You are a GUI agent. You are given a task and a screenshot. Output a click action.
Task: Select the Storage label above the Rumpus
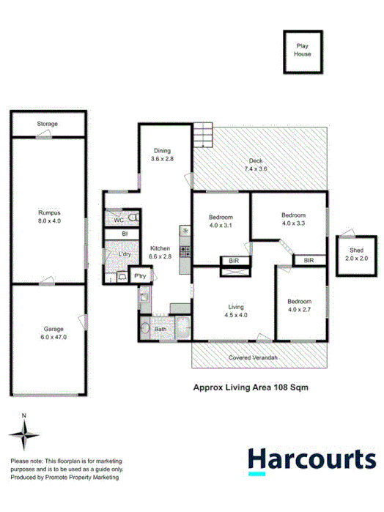click(x=48, y=125)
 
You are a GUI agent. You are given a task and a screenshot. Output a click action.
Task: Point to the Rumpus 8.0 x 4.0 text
click(x=48, y=217)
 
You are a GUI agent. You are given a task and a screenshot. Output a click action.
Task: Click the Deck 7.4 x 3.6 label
click(x=255, y=166)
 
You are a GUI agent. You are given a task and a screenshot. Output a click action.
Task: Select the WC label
click(x=118, y=219)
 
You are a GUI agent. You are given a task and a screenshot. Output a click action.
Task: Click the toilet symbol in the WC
click(x=133, y=219)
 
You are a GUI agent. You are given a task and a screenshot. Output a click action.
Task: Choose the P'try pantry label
click(x=139, y=276)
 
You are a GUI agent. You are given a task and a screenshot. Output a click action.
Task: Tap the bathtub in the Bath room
click(x=180, y=329)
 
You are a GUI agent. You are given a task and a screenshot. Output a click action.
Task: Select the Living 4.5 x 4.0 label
click(x=235, y=311)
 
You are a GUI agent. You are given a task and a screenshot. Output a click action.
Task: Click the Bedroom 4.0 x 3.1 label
click(x=221, y=221)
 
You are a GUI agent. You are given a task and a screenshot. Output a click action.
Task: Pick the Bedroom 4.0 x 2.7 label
click(x=299, y=305)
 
